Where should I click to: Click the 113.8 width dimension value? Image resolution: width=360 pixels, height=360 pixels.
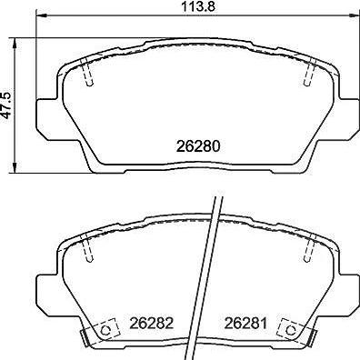pos(198,6)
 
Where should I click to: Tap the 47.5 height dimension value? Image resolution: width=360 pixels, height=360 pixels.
pos(6,105)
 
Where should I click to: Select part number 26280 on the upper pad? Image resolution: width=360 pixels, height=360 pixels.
pos(198,146)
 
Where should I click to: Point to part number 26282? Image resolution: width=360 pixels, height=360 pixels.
pos(152,324)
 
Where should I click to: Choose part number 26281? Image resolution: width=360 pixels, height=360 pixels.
pos(245,324)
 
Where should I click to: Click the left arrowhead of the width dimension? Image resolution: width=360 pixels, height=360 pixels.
pos(42,15)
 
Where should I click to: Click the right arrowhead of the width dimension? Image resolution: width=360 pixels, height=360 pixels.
pos(354,15)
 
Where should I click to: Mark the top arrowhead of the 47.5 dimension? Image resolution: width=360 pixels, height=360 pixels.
pos(14,44)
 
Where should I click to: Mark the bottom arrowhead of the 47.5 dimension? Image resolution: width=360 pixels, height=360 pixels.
pos(14,167)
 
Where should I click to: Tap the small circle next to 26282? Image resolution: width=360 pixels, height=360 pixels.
pos(105,330)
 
